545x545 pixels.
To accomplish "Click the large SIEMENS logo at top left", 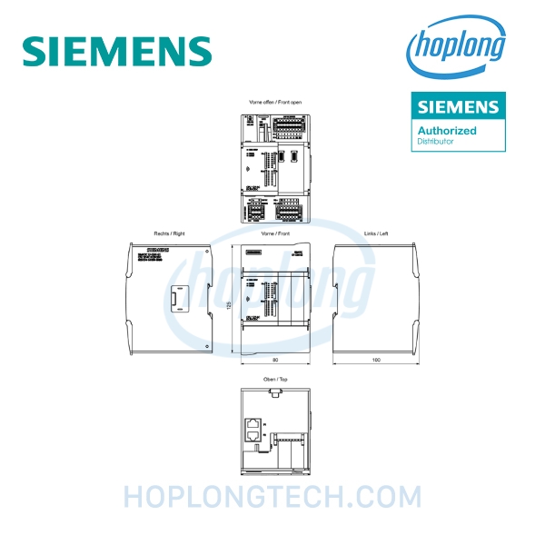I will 117,50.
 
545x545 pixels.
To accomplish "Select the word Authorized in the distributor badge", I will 447,130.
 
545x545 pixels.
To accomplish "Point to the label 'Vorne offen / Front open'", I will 275,103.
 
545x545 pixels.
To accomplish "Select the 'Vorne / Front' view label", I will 274,233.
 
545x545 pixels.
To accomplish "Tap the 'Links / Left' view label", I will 376,233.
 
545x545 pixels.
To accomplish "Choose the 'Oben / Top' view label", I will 274,381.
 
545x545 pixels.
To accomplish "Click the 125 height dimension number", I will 230,304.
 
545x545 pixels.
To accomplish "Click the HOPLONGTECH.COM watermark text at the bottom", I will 272,498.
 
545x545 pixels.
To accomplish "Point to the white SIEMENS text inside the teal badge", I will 458,107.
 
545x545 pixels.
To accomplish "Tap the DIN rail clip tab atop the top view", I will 273,393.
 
